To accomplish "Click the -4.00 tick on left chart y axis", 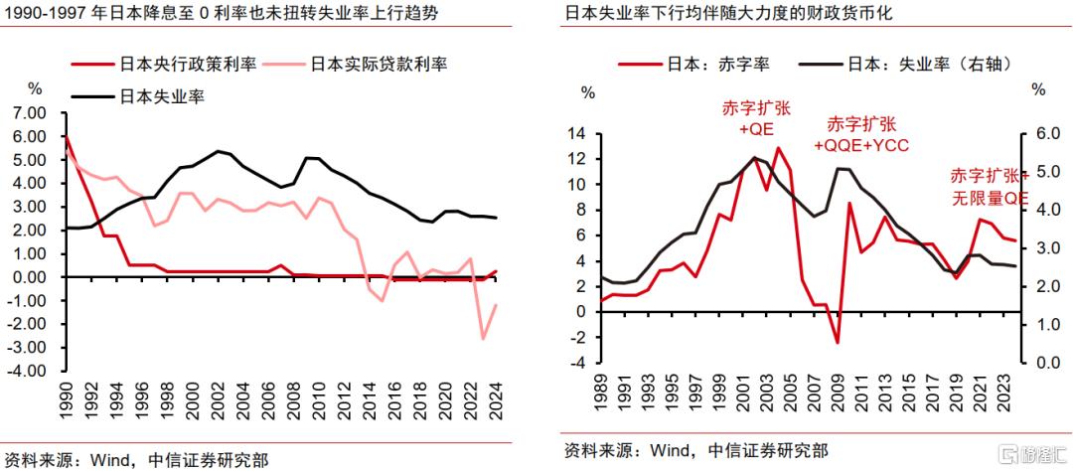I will pos(29,371).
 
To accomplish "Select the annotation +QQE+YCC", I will pos(861,135).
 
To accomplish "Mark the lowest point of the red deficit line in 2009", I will pos(838,343).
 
